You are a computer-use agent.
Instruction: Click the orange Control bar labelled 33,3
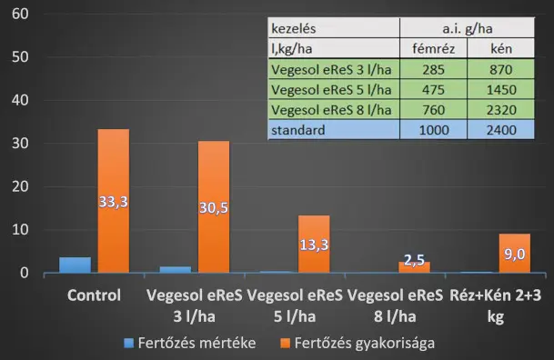click(114, 201)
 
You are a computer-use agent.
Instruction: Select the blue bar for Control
click(75, 265)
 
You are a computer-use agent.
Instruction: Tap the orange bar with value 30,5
click(214, 207)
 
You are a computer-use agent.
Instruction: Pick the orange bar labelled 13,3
click(314, 244)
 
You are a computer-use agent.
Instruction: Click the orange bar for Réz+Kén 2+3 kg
click(515, 253)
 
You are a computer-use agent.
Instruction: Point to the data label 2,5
click(414, 260)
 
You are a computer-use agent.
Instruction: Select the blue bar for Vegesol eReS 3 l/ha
click(176, 270)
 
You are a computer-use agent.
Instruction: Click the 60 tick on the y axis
click(20, 15)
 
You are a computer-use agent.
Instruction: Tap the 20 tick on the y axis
click(20, 186)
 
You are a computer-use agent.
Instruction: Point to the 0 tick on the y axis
click(24, 273)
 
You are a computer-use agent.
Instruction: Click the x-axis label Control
click(94, 295)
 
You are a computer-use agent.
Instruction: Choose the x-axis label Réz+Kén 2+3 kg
click(496, 305)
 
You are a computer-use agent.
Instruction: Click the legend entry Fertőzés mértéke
click(190, 343)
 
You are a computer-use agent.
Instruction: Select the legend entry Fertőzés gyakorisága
click(358, 343)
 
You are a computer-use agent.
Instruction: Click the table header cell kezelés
click(334, 28)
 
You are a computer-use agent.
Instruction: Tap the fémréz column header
click(434, 48)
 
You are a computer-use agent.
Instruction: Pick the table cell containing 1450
click(501, 90)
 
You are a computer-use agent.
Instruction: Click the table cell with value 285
click(434, 69)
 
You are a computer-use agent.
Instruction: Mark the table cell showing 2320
click(501, 110)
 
